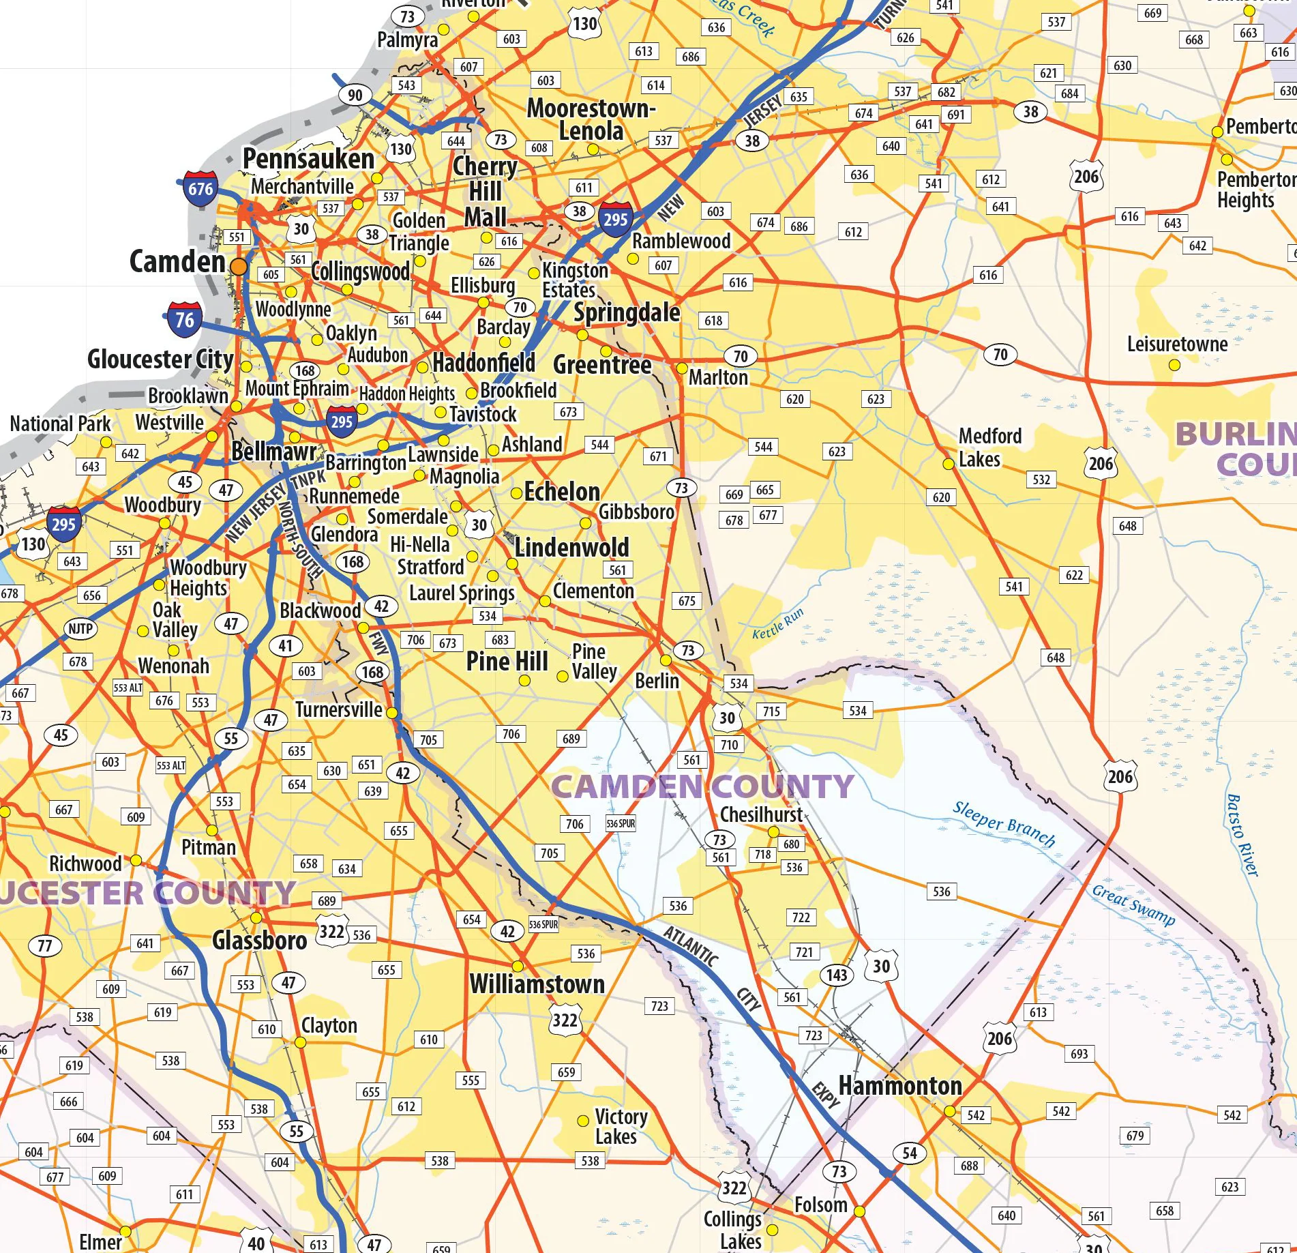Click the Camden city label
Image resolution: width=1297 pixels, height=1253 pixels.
177,262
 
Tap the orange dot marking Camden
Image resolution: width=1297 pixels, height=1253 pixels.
239,267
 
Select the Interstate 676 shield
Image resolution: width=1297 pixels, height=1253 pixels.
200,189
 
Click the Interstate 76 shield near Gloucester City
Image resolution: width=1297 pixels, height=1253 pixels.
185,320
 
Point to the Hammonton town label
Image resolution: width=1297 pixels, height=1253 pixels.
899,1086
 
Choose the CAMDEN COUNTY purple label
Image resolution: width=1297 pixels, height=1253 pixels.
702,786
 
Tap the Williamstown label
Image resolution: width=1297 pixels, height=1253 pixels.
537,984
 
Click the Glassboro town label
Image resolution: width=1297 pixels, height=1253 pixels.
259,941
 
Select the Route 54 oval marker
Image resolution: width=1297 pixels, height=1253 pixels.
910,1153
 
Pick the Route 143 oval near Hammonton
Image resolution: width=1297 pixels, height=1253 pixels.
837,975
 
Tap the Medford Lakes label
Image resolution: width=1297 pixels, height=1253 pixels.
989,447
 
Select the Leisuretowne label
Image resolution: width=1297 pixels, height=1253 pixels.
1177,344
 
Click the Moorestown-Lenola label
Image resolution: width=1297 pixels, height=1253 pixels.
591,119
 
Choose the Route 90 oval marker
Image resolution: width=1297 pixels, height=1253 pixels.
355,95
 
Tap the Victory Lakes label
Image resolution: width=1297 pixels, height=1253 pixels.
620,1126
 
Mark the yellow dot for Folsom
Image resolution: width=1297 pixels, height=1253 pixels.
859,1211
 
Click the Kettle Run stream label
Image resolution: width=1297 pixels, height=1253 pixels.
777,623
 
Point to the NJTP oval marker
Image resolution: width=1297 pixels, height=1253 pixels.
80,629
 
